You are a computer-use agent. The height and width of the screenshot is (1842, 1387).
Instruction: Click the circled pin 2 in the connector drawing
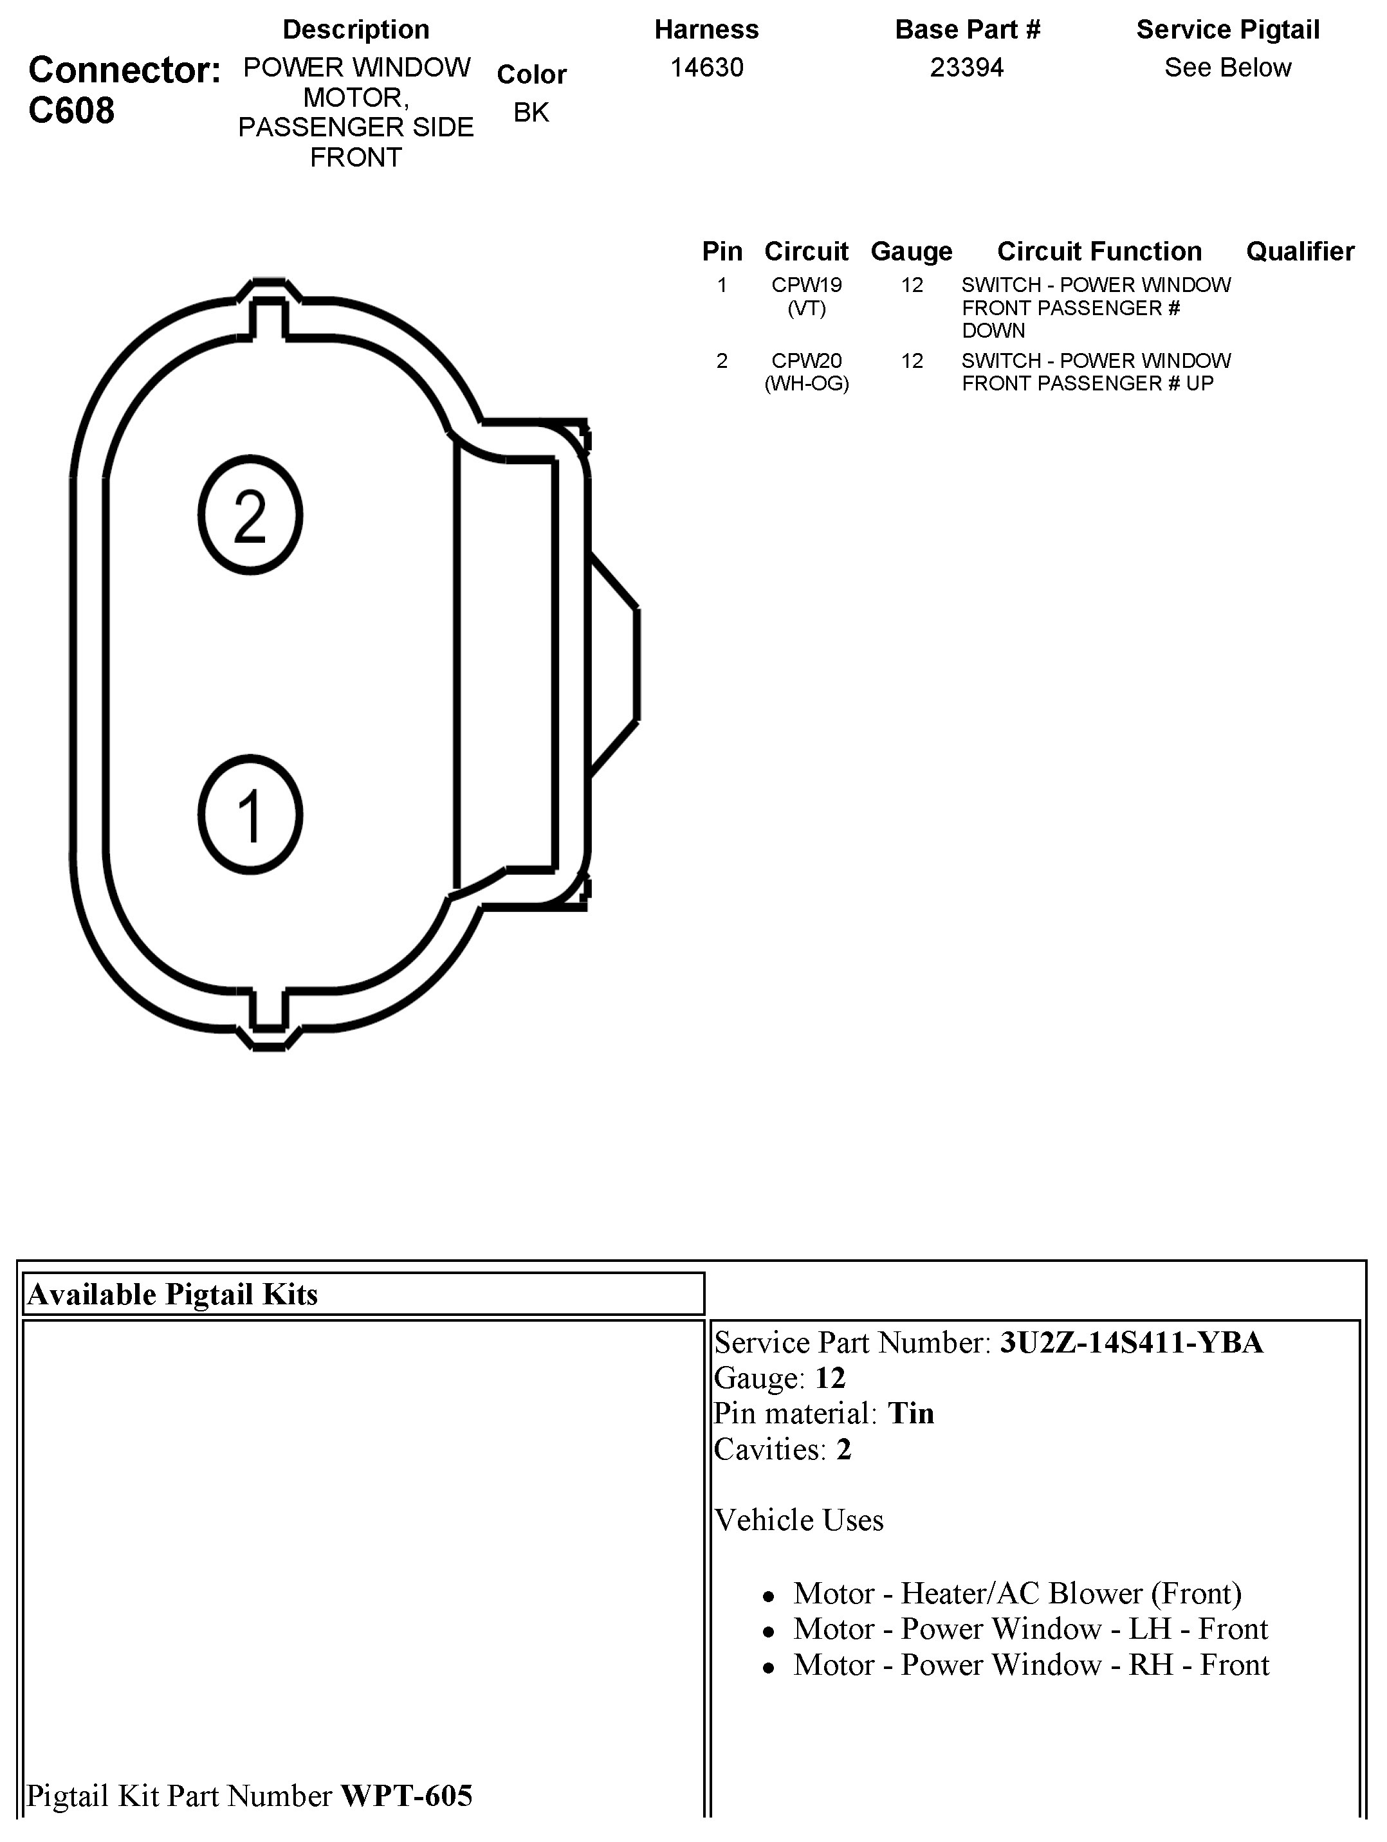[x=250, y=515]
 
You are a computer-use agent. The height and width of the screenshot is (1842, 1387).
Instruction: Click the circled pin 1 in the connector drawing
[x=250, y=814]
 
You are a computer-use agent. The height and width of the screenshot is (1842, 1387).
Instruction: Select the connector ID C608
[x=71, y=110]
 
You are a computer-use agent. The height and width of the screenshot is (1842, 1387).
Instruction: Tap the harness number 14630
[x=706, y=68]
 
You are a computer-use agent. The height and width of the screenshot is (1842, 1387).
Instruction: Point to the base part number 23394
[x=967, y=68]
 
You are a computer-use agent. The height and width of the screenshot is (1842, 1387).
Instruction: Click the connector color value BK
[x=531, y=113]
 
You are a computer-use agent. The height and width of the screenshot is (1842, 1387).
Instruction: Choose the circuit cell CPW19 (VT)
[x=806, y=296]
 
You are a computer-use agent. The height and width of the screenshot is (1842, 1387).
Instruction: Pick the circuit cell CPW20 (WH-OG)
[x=806, y=372]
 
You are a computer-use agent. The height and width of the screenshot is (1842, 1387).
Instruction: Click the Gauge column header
[x=912, y=251]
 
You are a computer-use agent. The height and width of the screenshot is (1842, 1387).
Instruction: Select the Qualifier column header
[x=1300, y=251]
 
